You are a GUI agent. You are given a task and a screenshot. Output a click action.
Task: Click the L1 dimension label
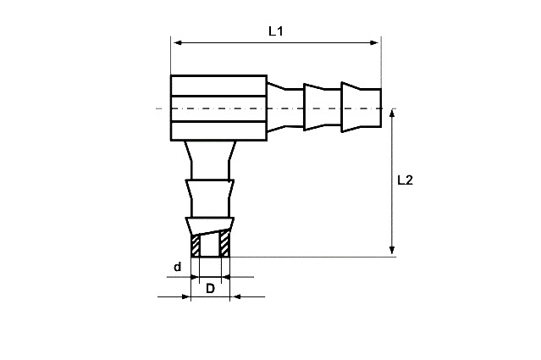276,31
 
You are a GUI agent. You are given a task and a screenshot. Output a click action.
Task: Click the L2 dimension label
405,180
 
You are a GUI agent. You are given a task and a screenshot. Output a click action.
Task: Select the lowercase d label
177,267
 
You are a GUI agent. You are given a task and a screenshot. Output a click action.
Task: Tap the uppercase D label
210,289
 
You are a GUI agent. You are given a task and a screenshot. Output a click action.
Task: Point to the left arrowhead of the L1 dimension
178,43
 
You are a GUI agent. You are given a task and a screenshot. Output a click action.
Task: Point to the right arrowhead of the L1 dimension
374,43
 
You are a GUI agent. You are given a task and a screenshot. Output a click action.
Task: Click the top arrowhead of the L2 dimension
392,114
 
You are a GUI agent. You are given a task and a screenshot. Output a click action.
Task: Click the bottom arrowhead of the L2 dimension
392,250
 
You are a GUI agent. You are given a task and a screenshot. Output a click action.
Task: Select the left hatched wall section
196,246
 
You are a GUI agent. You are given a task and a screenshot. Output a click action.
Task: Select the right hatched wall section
225,244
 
